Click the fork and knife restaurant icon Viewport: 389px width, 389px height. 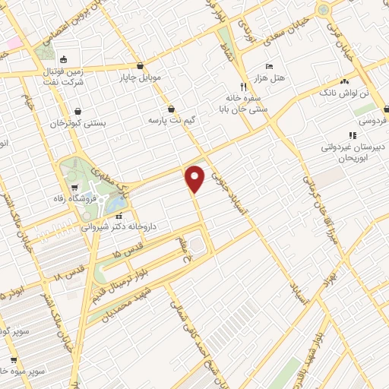point(243,86)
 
